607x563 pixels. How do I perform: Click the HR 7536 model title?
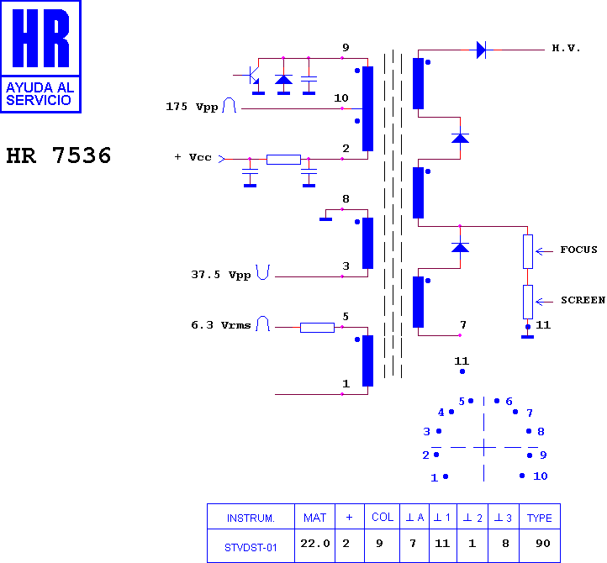coord(59,155)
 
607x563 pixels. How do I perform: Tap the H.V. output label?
coord(566,49)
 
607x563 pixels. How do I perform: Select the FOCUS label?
coord(578,250)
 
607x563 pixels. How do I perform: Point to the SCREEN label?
coord(583,300)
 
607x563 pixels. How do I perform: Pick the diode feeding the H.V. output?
coord(481,50)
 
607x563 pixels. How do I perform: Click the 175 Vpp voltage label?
coord(192,107)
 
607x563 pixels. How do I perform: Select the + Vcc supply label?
coord(193,157)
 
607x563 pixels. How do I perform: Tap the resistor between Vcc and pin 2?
coord(283,160)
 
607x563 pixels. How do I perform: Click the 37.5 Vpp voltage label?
coord(220,275)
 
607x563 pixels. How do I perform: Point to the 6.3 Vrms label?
coord(220,325)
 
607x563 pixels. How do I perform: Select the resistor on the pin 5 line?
coord(317,328)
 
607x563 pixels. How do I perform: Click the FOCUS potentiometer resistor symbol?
coord(528,251)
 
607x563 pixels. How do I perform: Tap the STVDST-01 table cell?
coord(251,548)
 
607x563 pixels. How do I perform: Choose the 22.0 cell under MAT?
coord(315,544)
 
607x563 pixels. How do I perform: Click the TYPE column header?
coord(539,518)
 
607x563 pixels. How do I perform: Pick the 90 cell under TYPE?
coord(543,544)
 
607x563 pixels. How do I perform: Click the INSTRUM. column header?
coord(251,518)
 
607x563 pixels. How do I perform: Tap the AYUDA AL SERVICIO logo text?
coord(40,93)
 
